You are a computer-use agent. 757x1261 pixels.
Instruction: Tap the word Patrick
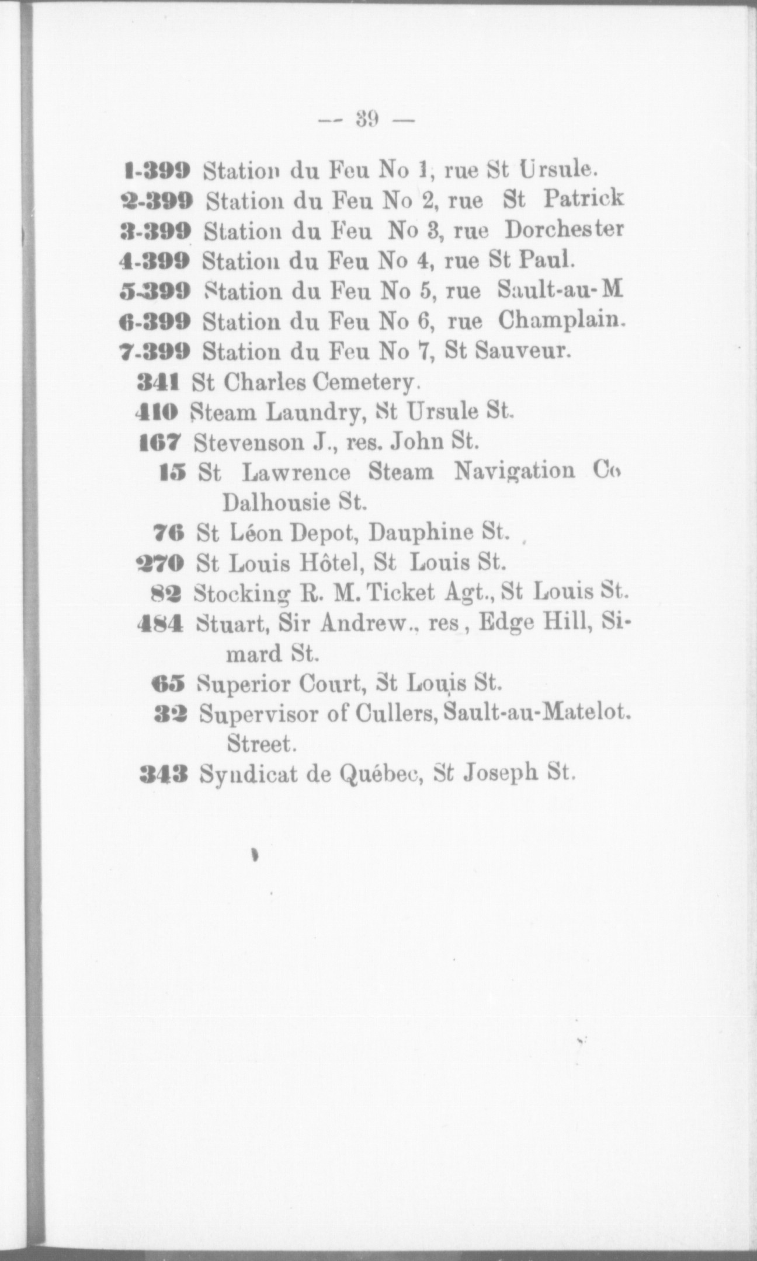(583, 200)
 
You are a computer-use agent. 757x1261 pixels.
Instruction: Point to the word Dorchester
(564, 229)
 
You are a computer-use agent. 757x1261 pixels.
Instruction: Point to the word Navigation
(515, 472)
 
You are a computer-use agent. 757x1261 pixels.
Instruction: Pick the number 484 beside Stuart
(161, 623)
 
